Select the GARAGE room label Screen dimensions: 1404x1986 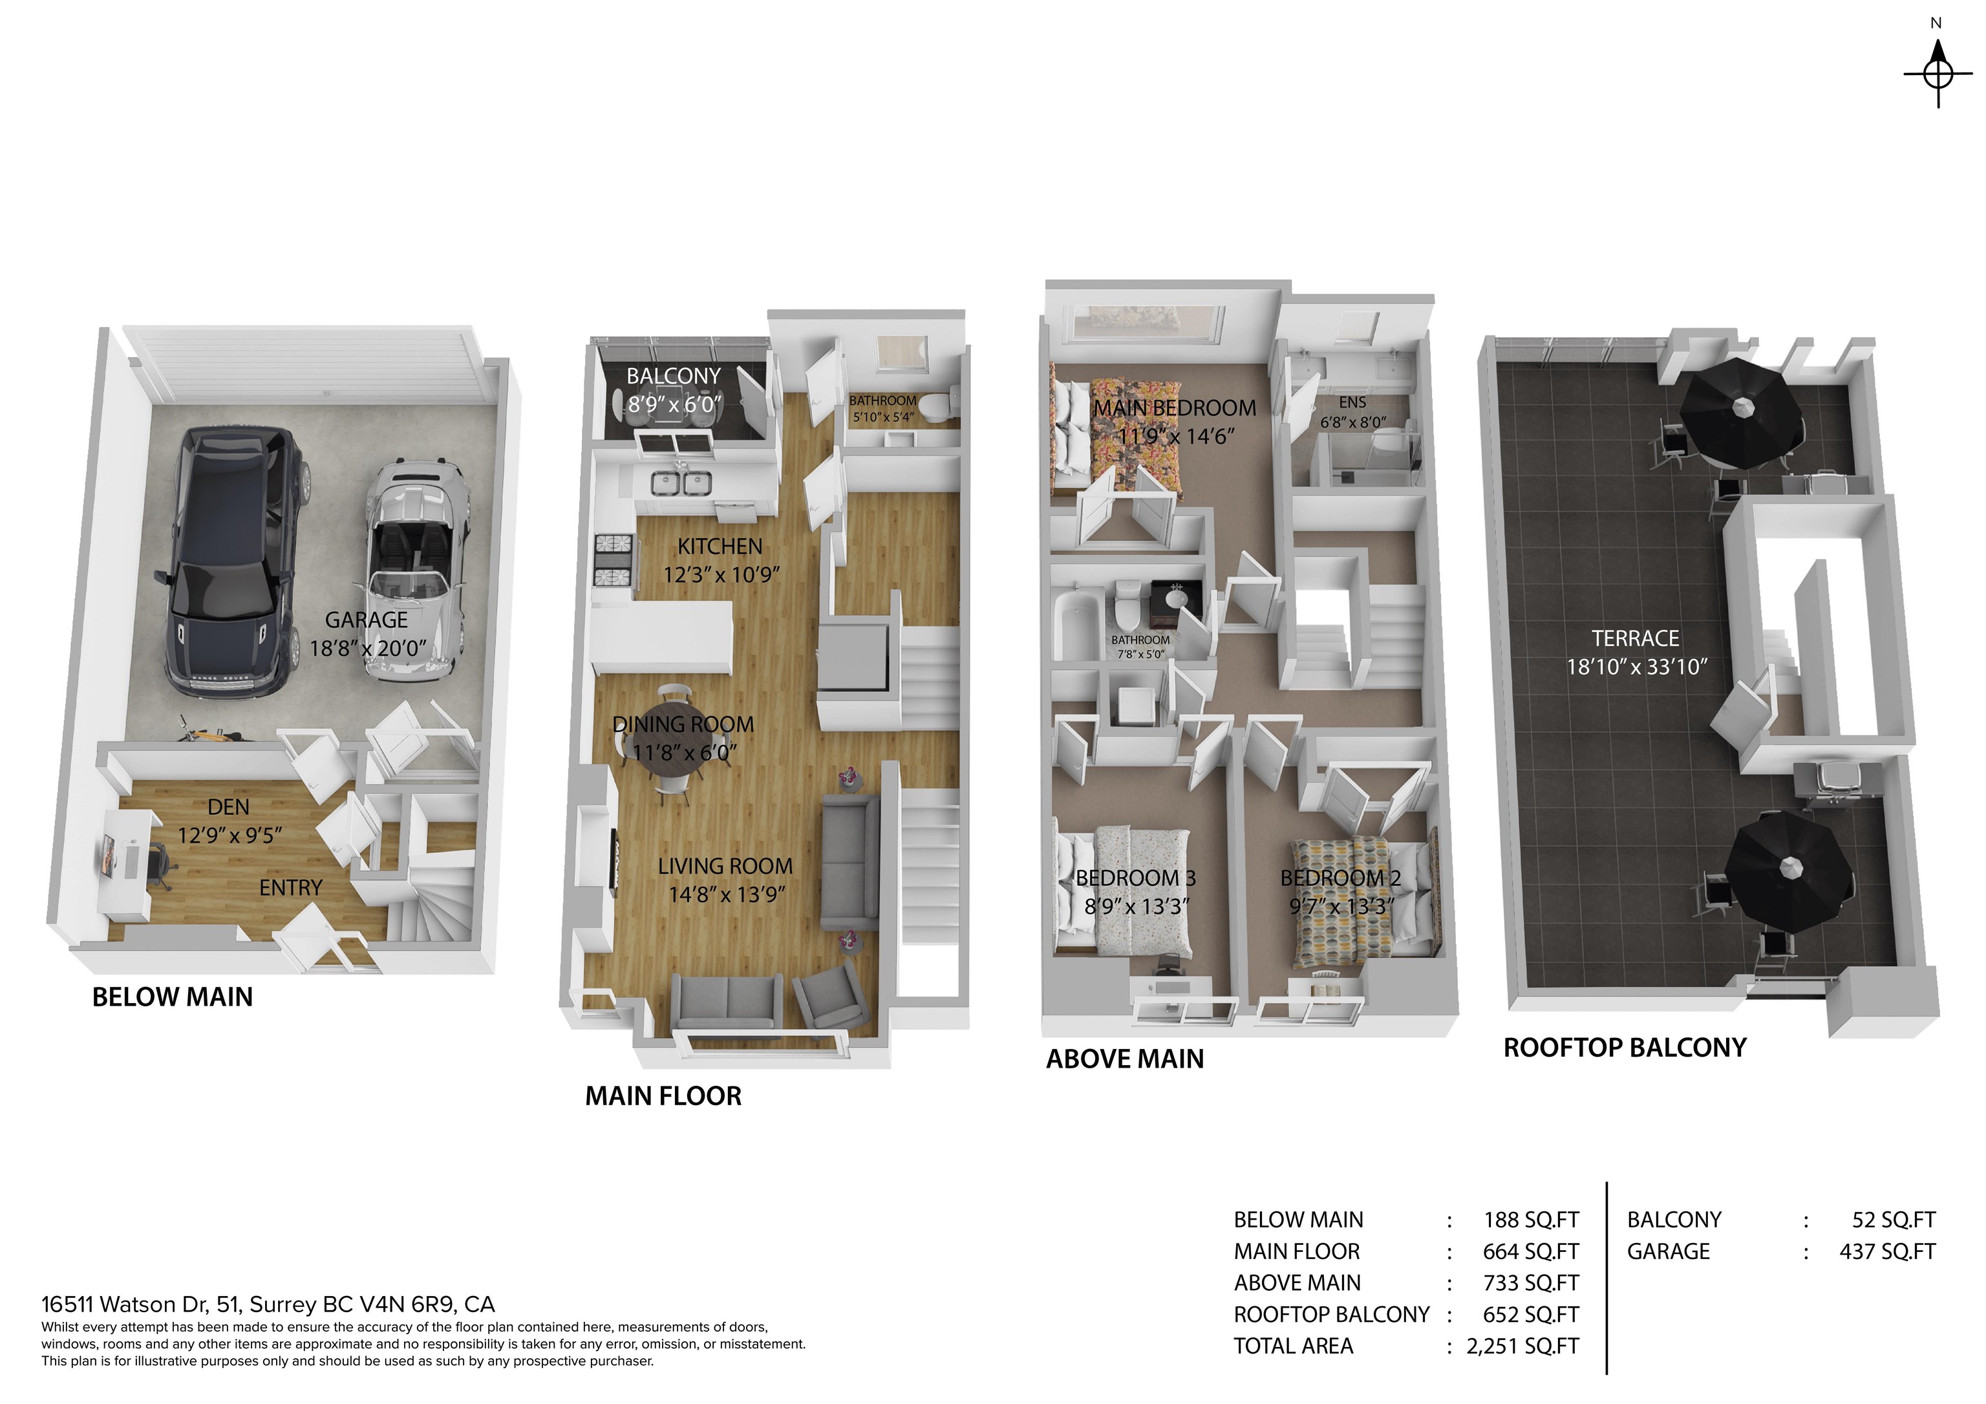pyautogui.click(x=366, y=620)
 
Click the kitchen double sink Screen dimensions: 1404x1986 pyautogui.click(x=681, y=482)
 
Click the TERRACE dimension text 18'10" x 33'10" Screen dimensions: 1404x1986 pyautogui.click(x=1636, y=667)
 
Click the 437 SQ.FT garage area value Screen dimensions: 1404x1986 pyautogui.click(x=1886, y=1252)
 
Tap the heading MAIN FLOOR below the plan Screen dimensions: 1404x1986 pyautogui.click(x=663, y=1096)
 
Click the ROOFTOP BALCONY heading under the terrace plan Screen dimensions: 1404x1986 pyautogui.click(x=1625, y=1048)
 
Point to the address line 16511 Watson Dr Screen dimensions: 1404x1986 pyautogui.click(x=268, y=1304)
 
